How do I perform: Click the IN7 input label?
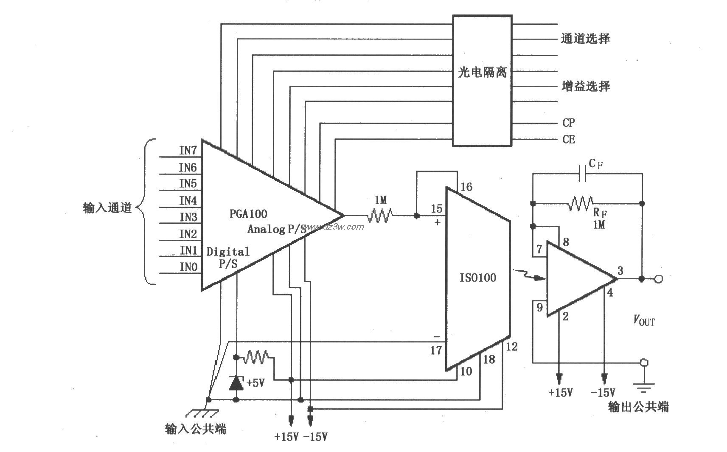coord(188,150)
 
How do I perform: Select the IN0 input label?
coord(188,267)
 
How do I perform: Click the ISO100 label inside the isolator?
coord(477,278)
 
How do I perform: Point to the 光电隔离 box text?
coord(482,73)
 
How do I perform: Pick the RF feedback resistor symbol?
coord(581,204)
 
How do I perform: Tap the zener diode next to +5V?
coord(236,383)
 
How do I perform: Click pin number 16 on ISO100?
coord(466,187)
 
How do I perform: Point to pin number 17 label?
coord(436,350)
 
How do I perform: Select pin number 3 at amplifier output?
coord(620,270)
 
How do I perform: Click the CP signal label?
coord(569,123)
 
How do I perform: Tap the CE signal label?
coord(569,139)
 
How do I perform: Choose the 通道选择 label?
coord(585,39)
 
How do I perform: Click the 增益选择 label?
coord(586,87)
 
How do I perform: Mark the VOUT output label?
coord(644,320)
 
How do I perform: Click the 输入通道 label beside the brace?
coord(107,208)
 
